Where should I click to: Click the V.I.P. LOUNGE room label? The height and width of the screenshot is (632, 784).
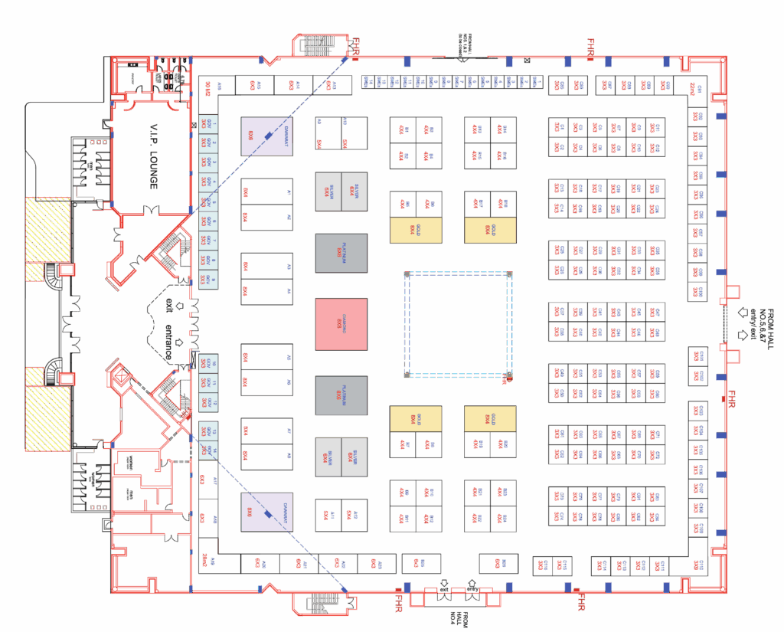pos(153,156)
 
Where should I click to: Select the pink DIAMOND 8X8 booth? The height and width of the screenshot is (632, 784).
pos(341,324)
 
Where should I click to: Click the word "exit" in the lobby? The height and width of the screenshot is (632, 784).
pos(169,305)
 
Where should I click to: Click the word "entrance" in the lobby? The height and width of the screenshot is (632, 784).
pos(169,342)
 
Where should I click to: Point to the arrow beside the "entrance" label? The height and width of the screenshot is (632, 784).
pos(180,342)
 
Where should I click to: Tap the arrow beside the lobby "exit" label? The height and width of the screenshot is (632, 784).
pos(180,305)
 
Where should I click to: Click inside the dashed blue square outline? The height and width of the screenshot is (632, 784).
pos(458,324)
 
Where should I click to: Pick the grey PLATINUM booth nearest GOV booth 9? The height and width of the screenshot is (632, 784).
pos(341,253)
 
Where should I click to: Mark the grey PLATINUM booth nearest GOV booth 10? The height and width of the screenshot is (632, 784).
pos(341,395)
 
